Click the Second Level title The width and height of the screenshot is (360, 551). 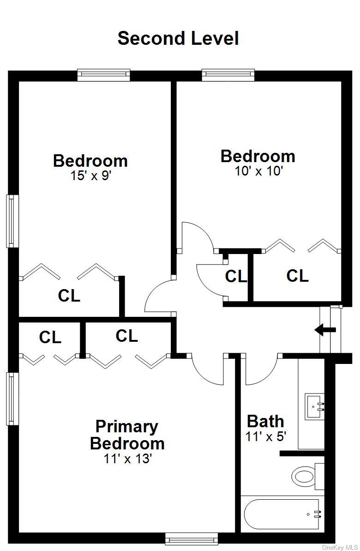178,39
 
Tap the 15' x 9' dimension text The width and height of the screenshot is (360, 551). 90,176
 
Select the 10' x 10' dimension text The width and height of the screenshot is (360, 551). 259,171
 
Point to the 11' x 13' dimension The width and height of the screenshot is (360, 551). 127,459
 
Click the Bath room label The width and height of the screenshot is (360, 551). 265,421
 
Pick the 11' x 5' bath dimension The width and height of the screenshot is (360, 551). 266,437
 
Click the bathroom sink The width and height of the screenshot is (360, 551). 314,406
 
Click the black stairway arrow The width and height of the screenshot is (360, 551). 325,330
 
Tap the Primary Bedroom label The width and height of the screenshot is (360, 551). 127,435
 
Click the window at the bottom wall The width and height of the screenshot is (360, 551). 192,539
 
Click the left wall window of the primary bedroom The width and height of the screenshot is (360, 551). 12,399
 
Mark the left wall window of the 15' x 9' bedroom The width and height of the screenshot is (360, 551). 12,221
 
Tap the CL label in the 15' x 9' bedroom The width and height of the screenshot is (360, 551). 69,296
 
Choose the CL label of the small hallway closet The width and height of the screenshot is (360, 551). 236,277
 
